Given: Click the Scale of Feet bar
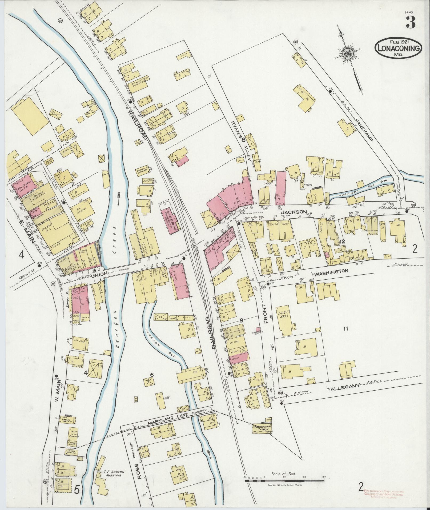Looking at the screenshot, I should tap(285, 479).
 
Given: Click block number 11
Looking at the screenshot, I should tap(346, 329).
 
